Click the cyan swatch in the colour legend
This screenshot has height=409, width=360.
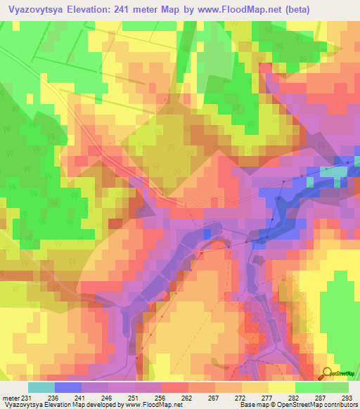click(41, 387)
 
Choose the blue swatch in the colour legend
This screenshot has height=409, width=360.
click(68, 387)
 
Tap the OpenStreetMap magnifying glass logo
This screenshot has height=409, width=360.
click(328, 373)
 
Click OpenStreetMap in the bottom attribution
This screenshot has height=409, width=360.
click(296, 405)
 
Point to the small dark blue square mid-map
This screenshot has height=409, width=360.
click(207, 233)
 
